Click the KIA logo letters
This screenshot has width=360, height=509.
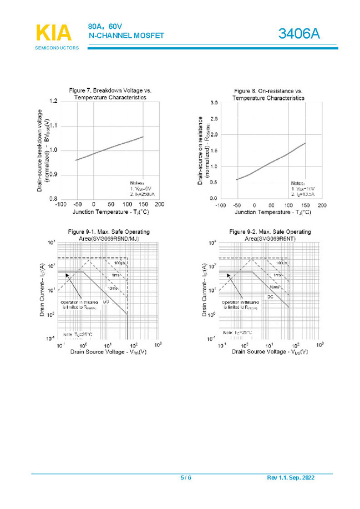[53, 33]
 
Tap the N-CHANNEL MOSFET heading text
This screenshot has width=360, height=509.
[126, 36]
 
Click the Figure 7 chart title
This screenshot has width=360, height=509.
[110, 93]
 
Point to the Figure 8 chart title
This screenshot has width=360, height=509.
[268, 94]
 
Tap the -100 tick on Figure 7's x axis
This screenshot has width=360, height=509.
[60, 204]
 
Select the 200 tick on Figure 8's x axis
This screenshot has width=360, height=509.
[322, 205]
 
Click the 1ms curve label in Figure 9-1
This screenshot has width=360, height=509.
[116, 276]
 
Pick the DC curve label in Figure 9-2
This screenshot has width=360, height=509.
[270, 296]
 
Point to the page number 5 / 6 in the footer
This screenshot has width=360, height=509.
[186, 478]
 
